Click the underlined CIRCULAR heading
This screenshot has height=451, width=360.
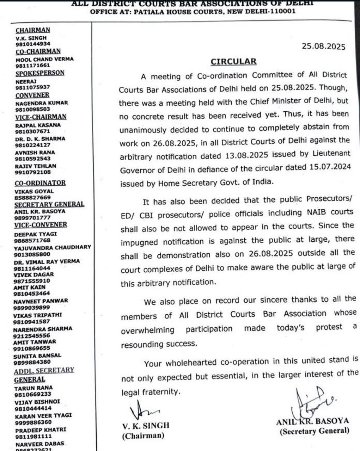(x=233, y=62)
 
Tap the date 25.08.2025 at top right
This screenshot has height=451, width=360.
(x=323, y=47)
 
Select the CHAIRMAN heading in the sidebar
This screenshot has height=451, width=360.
(x=33, y=30)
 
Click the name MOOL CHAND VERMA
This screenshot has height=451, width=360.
(x=44, y=59)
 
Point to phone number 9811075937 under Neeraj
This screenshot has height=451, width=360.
(x=32, y=87)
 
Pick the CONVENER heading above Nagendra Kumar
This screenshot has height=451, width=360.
(x=32, y=95)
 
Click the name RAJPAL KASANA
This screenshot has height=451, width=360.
(x=38, y=125)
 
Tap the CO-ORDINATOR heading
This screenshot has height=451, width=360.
(x=40, y=183)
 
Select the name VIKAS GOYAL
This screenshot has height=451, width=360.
(x=34, y=191)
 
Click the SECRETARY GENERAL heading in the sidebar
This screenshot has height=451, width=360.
(x=49, y=204)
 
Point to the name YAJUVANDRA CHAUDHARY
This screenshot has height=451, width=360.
(x=52, y=247)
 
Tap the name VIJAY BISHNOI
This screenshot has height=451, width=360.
(x=37, y=402)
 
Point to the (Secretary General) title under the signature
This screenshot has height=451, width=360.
(x=314, y=431)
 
